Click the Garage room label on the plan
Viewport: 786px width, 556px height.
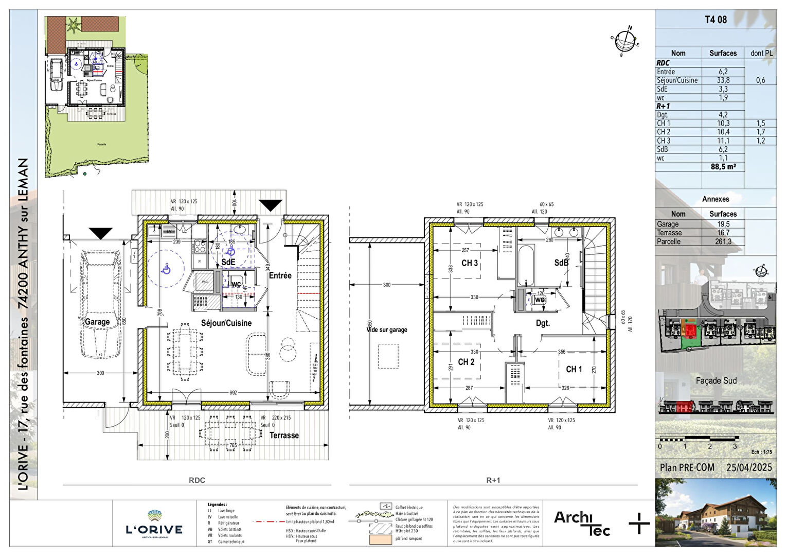tap(97, 322)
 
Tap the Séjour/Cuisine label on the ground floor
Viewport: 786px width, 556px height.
tap(226, 323)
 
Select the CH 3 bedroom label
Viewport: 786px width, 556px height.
tap(469, 263)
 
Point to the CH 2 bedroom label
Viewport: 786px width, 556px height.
tap(466, 362)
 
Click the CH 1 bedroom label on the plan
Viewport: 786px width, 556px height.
tap(574, 369)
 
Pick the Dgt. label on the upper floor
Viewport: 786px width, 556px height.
tap(543, 323)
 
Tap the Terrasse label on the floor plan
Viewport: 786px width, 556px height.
tap(284, 435)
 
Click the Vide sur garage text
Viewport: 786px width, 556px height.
tap(387, 329)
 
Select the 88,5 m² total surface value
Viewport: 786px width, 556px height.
tap(723, 167)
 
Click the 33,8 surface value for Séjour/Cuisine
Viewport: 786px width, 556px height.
tap(723, 80)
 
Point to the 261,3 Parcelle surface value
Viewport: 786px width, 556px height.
tap(723, 241)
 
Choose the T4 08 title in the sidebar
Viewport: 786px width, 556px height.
tap(716, 20)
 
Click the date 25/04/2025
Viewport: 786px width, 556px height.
tap(749, 467)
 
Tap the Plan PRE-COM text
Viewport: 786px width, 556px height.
tap(687, 467)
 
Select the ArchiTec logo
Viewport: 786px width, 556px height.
tap(582, 523)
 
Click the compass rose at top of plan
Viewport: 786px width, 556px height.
tap(626, 40)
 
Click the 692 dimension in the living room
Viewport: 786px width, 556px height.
tap(233, 392)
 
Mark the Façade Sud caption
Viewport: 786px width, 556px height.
tap(716, 380)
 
